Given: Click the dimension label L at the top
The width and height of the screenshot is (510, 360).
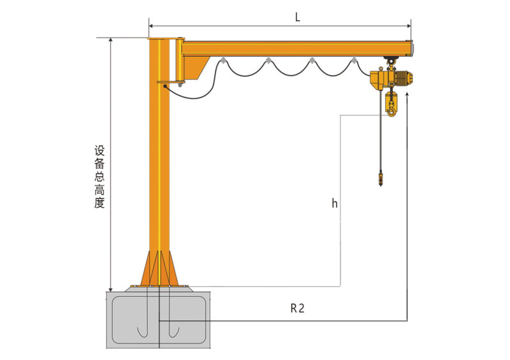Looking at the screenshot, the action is pyautogui.click(x=297, y=17).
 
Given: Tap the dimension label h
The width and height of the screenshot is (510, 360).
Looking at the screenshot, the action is pyautogui.click(x=334, y=203).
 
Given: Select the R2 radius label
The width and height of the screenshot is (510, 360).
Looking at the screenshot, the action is pyautogui.click(x=297, y=308).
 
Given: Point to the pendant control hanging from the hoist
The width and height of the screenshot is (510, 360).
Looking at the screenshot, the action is pyautogui.click(x=381, y=180).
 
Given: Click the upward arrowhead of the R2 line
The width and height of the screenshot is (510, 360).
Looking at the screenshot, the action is pyautogui.click(x=407, y=95).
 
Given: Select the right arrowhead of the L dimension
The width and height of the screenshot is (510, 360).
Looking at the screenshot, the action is pyautogui.click(x=409, y=26).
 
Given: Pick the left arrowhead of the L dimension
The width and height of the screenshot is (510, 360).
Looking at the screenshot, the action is pyautogui.click(x=151, y=26).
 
